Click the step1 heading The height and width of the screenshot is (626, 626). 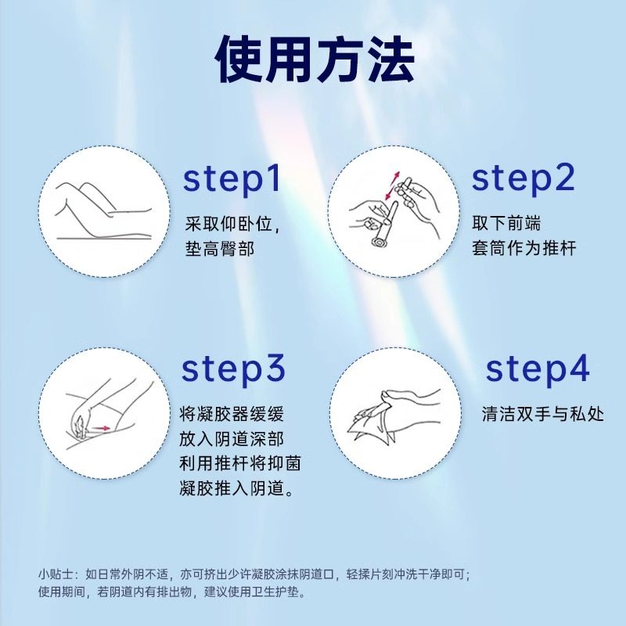coord(232,178)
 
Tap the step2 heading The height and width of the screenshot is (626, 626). coord(523,178)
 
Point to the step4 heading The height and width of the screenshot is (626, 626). coord(537,369)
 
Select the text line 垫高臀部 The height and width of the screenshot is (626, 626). coord(221,249)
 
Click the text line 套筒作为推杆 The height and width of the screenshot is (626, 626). coord(523,249)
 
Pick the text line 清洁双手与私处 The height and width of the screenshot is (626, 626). coord(543,414)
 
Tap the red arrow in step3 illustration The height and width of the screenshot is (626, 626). coord(99,428)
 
